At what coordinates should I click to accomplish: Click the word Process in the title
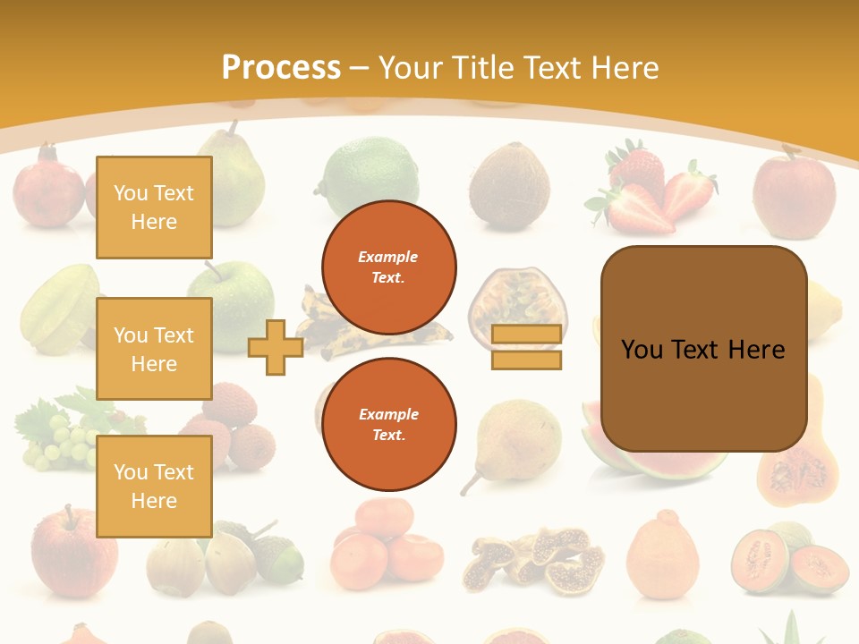click(281, 68)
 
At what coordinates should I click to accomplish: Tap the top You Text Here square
click(154, 208)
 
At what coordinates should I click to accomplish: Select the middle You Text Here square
click(154, 349)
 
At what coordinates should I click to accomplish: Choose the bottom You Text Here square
click(154, 487)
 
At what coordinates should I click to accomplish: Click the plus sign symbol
click(275, 347)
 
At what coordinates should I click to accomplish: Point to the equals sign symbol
click(526, 347)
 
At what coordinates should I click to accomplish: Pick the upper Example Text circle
click(389, 267)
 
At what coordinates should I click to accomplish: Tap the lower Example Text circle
click(389, 425)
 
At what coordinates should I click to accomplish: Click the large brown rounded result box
click(703, 349)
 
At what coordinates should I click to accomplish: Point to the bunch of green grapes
click(58, 438)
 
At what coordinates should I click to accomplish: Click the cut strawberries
click(651, 192)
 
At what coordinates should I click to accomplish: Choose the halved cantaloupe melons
click(787, 558)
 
